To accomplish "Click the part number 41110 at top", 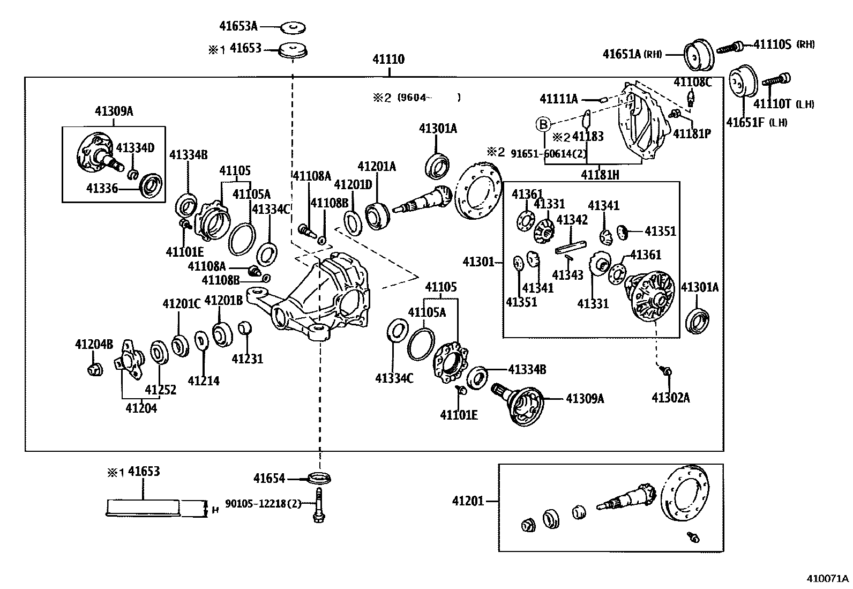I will (x=388, y=59).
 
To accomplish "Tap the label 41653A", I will (x=238, y=26).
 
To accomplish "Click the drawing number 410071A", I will (x=827, y=579).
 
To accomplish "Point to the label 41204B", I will (x=94, y=344).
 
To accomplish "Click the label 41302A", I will (x=670, y=397).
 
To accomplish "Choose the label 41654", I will (x=269, y=478).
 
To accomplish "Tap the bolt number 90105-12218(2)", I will (x=263, y=504).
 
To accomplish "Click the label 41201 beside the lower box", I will (x=468, y=501).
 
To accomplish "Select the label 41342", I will (x=572, y=219).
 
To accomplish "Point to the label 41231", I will (x=247, y=358).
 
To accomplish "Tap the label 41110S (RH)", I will (x=783, y=44).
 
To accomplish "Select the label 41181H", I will (x=600, y=174).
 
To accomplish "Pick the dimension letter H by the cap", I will (x=215, y=510).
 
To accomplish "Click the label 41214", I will (x=204, y=381).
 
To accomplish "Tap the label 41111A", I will (x=559, y=99).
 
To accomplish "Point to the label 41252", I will (x=160, y=390).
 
